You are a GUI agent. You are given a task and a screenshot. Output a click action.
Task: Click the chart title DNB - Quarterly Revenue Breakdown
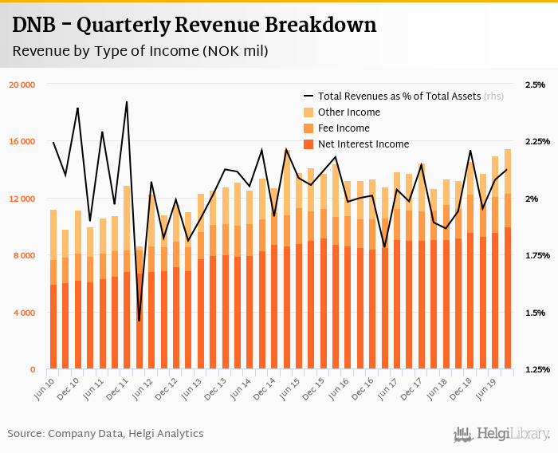[194, 26]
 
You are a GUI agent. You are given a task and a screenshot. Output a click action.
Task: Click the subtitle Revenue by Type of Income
[139, 51]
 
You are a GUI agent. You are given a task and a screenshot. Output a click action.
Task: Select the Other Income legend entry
[348, 112]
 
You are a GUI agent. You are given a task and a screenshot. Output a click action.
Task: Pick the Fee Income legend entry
[343, 128]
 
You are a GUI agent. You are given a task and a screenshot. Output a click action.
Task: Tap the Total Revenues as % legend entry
[399, 96]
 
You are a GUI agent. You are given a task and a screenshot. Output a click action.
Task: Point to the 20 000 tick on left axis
[22, 85]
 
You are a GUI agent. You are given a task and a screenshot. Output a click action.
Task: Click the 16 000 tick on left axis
[22, 142]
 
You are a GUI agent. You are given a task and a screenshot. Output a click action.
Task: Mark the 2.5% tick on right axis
[535, 85]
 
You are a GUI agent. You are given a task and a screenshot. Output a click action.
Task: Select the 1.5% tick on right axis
[535, 313]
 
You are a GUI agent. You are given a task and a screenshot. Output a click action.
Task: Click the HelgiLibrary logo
[502, 434]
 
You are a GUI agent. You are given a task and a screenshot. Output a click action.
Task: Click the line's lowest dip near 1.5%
[139, 321]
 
